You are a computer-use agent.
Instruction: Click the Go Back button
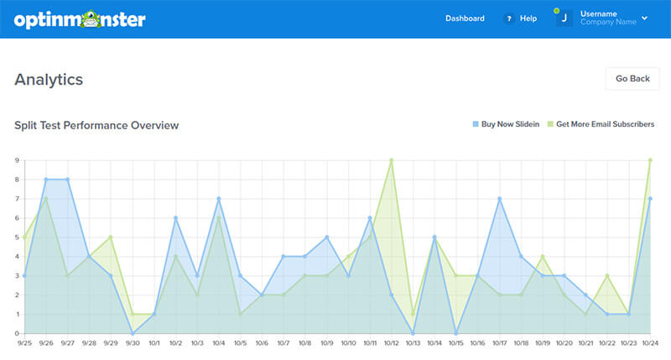(x=632, y=79)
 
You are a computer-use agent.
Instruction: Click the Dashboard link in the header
(x=465, y=18)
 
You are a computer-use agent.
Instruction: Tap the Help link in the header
(x=528, y=18)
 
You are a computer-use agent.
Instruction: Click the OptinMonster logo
(x=79, y=18)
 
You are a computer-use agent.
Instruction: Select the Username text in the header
(x=598, y=13)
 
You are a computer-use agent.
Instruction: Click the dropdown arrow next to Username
(x=644, y=18)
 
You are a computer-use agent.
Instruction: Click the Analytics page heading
(x=49, y=80)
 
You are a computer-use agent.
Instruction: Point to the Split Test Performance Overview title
(x=96, y=125)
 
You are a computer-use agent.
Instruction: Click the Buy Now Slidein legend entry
(x=505, y=124)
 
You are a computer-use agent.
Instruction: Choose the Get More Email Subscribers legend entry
(x=601, y=124)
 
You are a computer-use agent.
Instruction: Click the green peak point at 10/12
(x=391, y=160)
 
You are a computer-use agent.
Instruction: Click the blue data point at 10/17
(x=499, y=199)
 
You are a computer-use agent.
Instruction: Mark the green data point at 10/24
(x=651, y=160)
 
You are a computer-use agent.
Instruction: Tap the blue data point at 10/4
(x=219, y=199)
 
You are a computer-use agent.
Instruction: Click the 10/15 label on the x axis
(x=455, y=343)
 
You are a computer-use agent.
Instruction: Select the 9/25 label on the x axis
(x=25, y=343)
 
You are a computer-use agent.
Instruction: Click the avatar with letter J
(x=564, y=18)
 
